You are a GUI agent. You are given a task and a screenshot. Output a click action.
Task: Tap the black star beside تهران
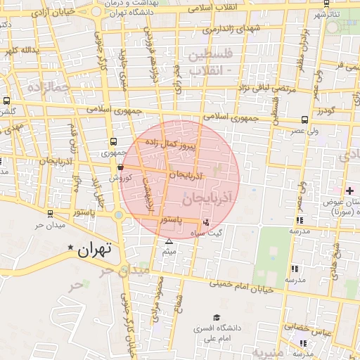point(70,248)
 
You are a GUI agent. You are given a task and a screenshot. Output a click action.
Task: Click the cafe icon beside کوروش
point(121,168)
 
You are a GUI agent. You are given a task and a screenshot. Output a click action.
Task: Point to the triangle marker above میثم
point(168,241)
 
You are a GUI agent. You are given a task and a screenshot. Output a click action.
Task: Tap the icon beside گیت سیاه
point(205,222)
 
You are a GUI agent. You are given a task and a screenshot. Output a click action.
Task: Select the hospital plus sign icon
point(349,191)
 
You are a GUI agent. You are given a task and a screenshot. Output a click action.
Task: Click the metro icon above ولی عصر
point(304,120)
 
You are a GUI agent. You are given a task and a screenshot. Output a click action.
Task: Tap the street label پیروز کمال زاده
point(172,144)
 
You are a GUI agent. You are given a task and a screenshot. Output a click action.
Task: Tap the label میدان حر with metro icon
point(50,225)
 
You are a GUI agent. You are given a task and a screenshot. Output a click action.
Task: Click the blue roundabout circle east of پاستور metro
point(120,215)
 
